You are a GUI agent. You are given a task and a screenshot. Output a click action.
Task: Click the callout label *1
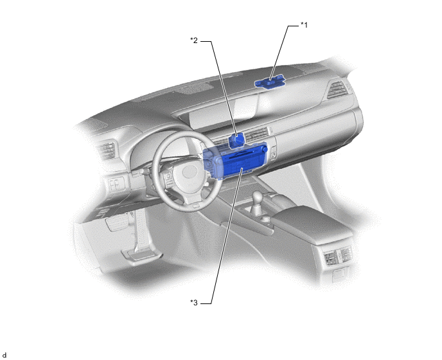[304, 25]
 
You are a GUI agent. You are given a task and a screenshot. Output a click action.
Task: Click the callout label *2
[194, 40]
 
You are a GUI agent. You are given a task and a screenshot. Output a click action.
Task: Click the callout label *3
[194, 303]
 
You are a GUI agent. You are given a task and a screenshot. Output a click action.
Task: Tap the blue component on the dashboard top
[270, 82]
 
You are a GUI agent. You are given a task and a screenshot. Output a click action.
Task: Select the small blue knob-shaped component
[237, 141]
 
